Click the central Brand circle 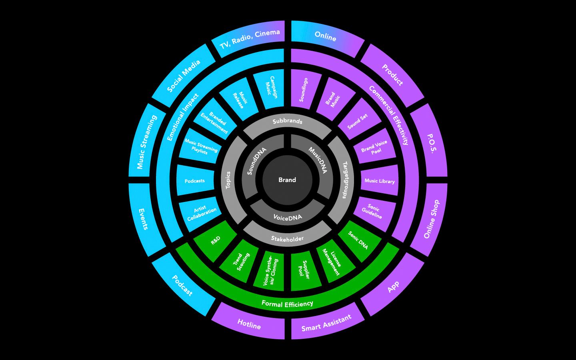287,180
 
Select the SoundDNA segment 257,161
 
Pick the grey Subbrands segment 287,122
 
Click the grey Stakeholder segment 287,238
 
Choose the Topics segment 228,180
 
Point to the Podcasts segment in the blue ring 195,181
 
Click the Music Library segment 380,181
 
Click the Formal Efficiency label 287,304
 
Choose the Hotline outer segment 249,324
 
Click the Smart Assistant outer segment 326,323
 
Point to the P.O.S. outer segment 431,143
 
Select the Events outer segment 143,219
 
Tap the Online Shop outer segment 431,219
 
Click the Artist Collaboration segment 201,212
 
